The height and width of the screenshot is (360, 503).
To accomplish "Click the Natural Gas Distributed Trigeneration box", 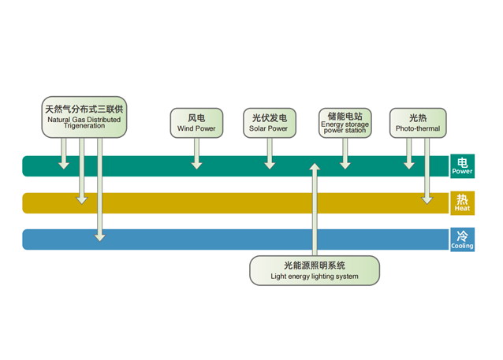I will (84, 116).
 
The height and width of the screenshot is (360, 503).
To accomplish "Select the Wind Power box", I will (196, 122).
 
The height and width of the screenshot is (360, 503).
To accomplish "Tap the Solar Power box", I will (269, 122).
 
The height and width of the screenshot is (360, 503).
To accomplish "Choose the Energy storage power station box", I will (345, 122).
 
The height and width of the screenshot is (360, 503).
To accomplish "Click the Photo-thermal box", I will (418, 122).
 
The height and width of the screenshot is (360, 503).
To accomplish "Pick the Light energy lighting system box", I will (315, 270).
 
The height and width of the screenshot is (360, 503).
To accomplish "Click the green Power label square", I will (462, 166).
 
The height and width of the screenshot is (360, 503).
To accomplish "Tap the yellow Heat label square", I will (462, 203).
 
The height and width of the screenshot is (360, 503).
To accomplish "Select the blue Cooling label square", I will (462, 239).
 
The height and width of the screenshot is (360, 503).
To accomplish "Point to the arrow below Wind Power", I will (196, 153).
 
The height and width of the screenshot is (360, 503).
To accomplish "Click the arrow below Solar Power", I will (270, 153).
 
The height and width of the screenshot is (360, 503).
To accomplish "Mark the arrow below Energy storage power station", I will (345, 153).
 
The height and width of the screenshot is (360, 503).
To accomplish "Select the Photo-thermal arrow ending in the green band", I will (408, 153).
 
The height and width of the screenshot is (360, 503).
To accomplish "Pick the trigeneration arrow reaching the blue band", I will (99, 189).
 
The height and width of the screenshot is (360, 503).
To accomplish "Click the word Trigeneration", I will (84, 125).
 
